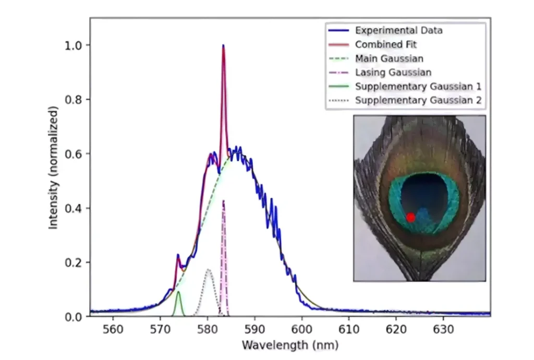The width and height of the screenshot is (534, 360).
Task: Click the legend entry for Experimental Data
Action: [x=398, y=30]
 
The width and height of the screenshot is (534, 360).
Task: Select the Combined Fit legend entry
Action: [x=386, y=44]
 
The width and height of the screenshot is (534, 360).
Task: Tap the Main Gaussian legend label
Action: [x=389, y=58]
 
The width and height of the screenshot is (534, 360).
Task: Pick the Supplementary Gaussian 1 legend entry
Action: [x=418, y=86]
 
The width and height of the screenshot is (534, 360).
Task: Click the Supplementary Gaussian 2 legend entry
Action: [x=418, y=100]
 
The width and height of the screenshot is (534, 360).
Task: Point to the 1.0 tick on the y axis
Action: [x=74, y=45]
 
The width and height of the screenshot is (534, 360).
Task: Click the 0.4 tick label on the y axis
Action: [x=74, y=208]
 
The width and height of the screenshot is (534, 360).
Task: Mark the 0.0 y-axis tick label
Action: [x=74, y=317]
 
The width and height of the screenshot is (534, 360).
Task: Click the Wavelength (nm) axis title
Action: [x=290, y=345]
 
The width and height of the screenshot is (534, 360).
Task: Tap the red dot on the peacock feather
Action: [x=410, y=217]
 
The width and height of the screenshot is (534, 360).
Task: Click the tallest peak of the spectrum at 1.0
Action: [x=223, y=46]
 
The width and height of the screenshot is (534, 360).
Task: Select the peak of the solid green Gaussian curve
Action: [x=178, y=292]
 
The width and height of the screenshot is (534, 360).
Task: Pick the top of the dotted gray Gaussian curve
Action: [x=208, y=270]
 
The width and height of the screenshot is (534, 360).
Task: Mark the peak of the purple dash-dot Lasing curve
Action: [x=223, y=201]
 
